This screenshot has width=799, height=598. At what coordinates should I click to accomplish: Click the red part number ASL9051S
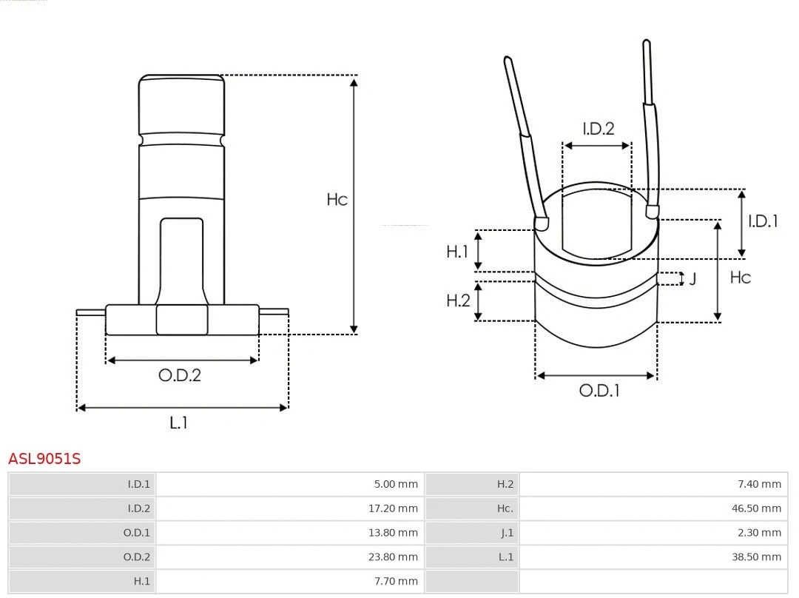(44, 459)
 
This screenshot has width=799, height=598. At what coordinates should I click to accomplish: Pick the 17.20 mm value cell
(396, 508)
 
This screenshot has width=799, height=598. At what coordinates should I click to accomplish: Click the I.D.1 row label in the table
(138, 484)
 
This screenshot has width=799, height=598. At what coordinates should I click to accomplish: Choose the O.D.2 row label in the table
(136, 557)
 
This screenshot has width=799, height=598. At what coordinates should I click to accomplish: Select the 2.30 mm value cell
(759, 533)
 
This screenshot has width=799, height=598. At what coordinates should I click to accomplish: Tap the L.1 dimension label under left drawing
(178, 423)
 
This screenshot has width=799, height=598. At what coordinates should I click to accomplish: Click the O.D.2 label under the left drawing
(180, 375)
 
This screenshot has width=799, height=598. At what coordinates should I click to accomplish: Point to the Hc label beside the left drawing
(337, 200)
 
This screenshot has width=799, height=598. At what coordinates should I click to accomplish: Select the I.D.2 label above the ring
(598, 129)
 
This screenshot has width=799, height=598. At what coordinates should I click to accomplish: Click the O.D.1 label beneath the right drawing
(599, 390)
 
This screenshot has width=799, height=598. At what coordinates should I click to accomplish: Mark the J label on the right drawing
(692, 279)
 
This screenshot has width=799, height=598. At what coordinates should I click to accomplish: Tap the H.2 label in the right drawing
(458, 300)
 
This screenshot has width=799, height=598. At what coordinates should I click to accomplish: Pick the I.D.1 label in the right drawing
(763, 221)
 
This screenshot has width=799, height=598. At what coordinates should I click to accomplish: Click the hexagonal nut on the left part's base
(182, 320)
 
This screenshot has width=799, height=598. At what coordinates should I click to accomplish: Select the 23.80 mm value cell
(396, 557)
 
